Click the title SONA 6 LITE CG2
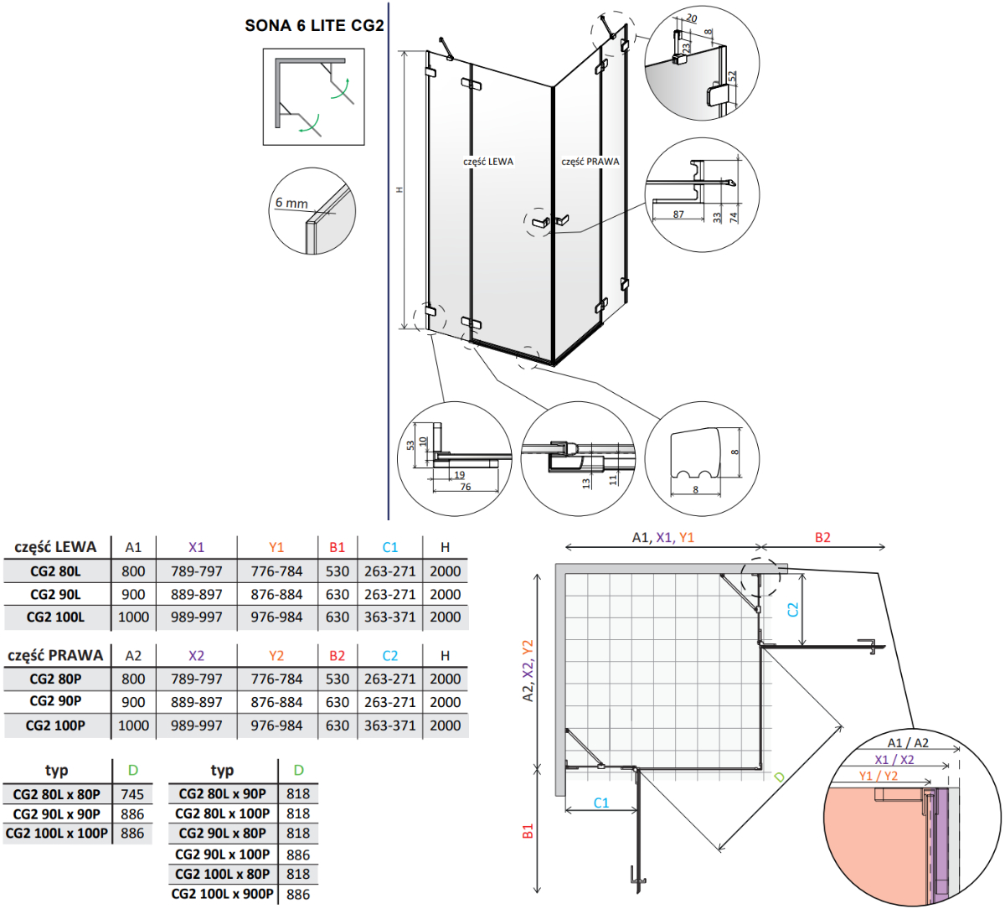coord(314,26)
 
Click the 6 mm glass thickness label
coord(291,204)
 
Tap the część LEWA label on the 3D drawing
coord(488,162)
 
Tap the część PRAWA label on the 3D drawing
coord(590,162)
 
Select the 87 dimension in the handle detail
coord(678,214)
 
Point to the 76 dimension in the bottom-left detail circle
coord(466,487)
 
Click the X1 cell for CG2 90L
coord(196,594)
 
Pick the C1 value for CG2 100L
coord(389,617)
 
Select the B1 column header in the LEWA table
coord(337,547)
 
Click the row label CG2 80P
coord(55,679)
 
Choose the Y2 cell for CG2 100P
coord(276,726)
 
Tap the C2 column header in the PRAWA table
coord(389,655)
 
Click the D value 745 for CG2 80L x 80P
coord(132,794)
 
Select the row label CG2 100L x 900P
coord(222,894)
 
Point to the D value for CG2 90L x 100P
coord(297,855)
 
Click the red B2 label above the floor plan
coord(822,538)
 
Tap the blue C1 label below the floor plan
coord(601,803)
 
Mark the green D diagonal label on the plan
coord(780,777)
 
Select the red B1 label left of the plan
coord(528,831)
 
